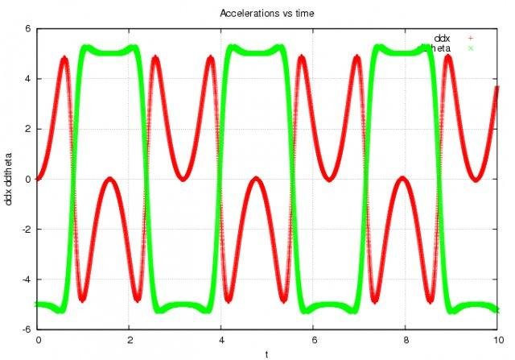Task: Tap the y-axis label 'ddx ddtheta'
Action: pyautogui.click(x=8, y=179)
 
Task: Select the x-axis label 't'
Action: pyautogui.click(x=267, y=354)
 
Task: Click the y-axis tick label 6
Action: pyautogui.click(x=27, y=29)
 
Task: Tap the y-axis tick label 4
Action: pyautogui.click(x=27, y=79)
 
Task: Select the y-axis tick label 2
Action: pyautogui.click(x=27, y=129)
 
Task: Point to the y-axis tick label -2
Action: pyautogui.click(x=26, y=230)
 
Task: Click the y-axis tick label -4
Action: pyautogui.click(x=26, y=279)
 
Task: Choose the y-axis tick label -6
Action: pyautogui.click(x=26, y=329)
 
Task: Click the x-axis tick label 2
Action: pyautogui.click(x=130, y=340)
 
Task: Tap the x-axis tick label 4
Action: pyautogui.click(x=222, y=340)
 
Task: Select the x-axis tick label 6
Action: pyautogui.click(x=314, y=340)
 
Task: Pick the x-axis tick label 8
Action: pyautogui.click(x=406, y=340)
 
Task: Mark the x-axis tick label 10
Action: pyautogui.click(x=497, y=340)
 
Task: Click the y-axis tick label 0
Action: pyautogui.click(x=27, y=180)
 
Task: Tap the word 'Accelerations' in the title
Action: pyautogui.click(x=243, y=14)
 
